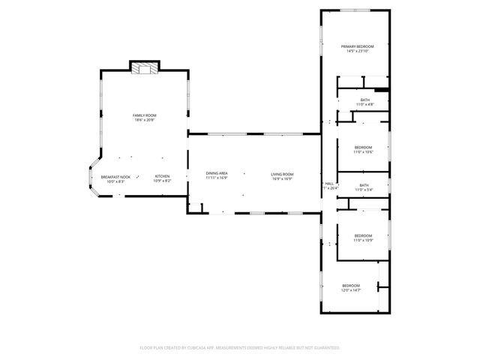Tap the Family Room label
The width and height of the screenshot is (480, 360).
(145, 115)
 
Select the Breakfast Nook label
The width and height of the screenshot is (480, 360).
(115, 177)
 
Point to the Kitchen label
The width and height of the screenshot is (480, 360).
(162, 177)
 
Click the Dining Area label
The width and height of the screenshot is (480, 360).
(217, 174)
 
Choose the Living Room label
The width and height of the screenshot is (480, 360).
(282, 174)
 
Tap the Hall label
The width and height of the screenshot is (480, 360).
(329, 183)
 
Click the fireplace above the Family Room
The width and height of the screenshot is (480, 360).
(145, 69)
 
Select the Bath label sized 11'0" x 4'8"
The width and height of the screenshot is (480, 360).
(364, 100)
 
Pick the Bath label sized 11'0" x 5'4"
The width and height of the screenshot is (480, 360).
(364, 185)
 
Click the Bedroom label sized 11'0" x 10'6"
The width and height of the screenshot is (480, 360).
(363, 147)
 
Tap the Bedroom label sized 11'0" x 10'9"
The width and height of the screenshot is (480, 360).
(363, 235)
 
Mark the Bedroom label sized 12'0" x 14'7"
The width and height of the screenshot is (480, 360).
(351, 285)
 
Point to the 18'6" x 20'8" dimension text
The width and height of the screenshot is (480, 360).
(145, 120)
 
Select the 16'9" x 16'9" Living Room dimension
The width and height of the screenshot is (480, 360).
(282, 179)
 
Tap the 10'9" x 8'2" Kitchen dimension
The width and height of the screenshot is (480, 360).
(162, 181)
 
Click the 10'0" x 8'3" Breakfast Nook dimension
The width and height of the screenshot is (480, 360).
(115, 181)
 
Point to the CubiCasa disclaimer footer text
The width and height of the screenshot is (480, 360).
(240, 348)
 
